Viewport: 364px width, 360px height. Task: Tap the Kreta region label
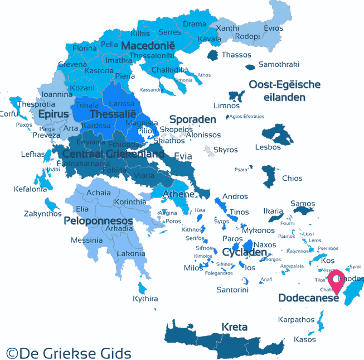tap(234, 327)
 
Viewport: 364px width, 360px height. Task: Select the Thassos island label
tap(236, 55)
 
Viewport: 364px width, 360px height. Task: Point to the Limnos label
tap(227, 105)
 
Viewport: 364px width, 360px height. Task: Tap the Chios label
tap(292, 179)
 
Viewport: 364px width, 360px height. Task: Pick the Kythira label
tap(145, 299)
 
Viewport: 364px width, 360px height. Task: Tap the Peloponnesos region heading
tap(98, 221)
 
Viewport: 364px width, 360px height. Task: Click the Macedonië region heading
tap(148, 45)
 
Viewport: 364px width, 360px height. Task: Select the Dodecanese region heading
tap(309, 298)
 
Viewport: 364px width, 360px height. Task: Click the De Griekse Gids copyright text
tap(69, 353)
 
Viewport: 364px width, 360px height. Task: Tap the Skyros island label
tap(225, 150)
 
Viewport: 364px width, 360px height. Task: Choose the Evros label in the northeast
tap(274, 28)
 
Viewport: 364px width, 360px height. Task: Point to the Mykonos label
tap(259, 230)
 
